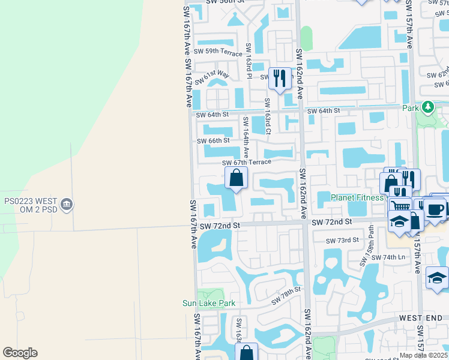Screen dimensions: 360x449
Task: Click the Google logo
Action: pyautogui.click(x=20, y=353)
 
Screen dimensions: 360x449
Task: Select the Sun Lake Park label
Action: pyautogui.click(x=209, y=304)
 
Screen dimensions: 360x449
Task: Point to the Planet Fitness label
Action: pyautogui.click(x=358, y=197)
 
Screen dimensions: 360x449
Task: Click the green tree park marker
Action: pyautogui.click(x=427, y=107)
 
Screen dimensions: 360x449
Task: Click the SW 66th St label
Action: pyautogui.click(x=214, y=141)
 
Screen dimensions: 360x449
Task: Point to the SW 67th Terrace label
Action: pyautogui.click(x=246, y=163)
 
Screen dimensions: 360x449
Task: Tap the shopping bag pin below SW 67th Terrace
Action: pyautogui.click(x=237, y=177)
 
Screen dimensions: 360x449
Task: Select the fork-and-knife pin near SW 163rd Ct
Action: pyautogui.click(x=279, y=78)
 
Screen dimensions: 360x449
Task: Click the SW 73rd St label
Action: pyautogui.click(x=342, y=241)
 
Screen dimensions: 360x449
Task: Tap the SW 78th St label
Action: pyautogui.click(x=285, y=295)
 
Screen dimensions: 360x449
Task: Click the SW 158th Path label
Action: pyautogui.click(x=367, y=246)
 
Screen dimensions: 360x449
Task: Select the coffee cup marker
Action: pyautogui.click(x=436, y=209)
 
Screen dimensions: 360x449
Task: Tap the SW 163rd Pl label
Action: pyautogui.click(x=248, y=61)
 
